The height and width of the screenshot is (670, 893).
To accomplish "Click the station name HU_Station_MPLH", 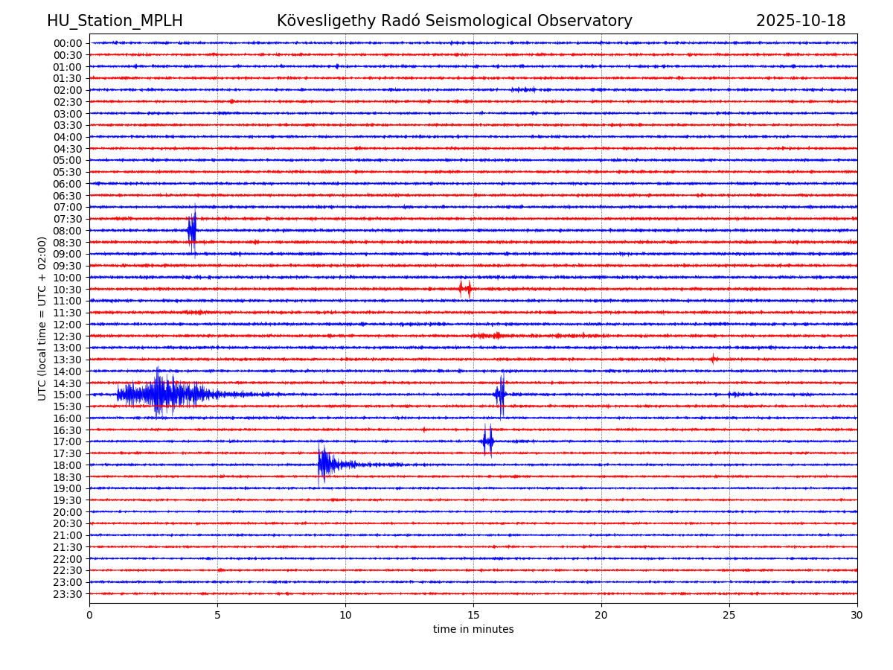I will pyautogui.click(x=115, y=21).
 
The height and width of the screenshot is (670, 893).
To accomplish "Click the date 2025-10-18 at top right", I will pyautogui.click(x=801, y=21).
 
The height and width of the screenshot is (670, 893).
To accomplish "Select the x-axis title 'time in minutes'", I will pyautogui.click(x=473, y=630).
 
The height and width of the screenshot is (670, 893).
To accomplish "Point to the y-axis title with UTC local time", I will pyautogui.click(x=42, y=319).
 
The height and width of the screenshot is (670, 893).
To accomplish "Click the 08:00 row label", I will pyautogui.click(x=67, y=231).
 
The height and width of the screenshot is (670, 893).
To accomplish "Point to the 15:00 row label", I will pyautogui.click(x=67, y=395).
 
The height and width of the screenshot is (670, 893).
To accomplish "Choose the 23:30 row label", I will pyautogui.click(x=67, y=594).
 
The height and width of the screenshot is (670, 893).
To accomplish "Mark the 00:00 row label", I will pyautogui.click(x=67, y=43).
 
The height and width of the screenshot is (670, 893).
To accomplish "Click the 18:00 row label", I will pyautogui.click(x=67, y=465).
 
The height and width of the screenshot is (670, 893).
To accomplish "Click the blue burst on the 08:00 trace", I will pyautogui.click(x=192, y=230).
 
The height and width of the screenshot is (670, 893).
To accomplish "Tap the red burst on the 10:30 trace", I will pyautogui.click(x=465, y=289).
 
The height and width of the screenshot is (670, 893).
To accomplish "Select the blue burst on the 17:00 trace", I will pyautogui.click(x=487, y=441).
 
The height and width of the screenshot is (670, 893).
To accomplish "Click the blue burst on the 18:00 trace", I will pyautogui.click(x=326, y=465).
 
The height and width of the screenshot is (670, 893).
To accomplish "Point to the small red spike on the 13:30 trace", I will pyautogui.click(x=713, y=359).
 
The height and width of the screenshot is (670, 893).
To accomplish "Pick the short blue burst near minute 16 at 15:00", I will pyautogui.click(x=500, y=395).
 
